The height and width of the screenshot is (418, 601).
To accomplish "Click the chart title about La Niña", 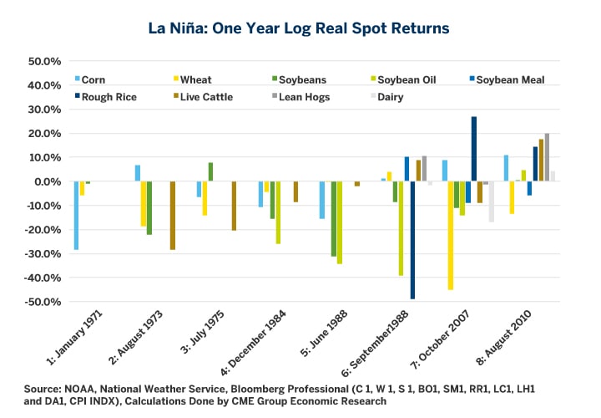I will point(300,28).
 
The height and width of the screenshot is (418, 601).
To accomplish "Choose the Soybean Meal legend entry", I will point(509,79).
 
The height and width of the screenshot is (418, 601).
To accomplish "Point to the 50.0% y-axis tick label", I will point(44,62).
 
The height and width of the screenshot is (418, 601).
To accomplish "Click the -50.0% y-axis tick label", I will point(43,301).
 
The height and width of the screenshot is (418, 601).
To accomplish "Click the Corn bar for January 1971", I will point(76,216).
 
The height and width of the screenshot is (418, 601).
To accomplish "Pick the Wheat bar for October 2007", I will point(451,235).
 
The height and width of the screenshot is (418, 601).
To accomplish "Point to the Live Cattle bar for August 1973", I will point(172,215).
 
